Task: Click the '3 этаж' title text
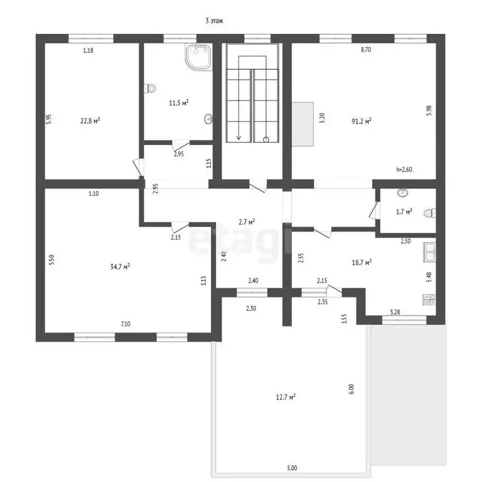[x=214, y=21]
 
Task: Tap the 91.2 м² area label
[x=361, y=121]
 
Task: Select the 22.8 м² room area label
[x=90, y=120]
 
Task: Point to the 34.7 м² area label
[x=120, y=266]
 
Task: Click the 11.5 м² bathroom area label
[x=179, y=103]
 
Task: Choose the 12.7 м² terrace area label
[x=286, y=397]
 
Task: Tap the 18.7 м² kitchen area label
[x=361, y=262]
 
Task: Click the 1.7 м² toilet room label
[x=404, y=212]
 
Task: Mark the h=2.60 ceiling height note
[x=404, y=169]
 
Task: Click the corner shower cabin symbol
[x=198, y=57]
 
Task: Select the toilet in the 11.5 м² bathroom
[x=150, y=88]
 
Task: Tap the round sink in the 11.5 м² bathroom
[x=208, y=119]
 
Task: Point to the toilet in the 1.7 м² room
[x=430, y=213]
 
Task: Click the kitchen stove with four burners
[x=429, y=300]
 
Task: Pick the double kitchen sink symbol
[x=429, y=252]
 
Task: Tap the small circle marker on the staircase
[x=266, y=139]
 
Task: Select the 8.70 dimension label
[x=366, y=50]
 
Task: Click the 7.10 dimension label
[x=126, y=324]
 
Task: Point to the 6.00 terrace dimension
[x=351, y=389]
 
